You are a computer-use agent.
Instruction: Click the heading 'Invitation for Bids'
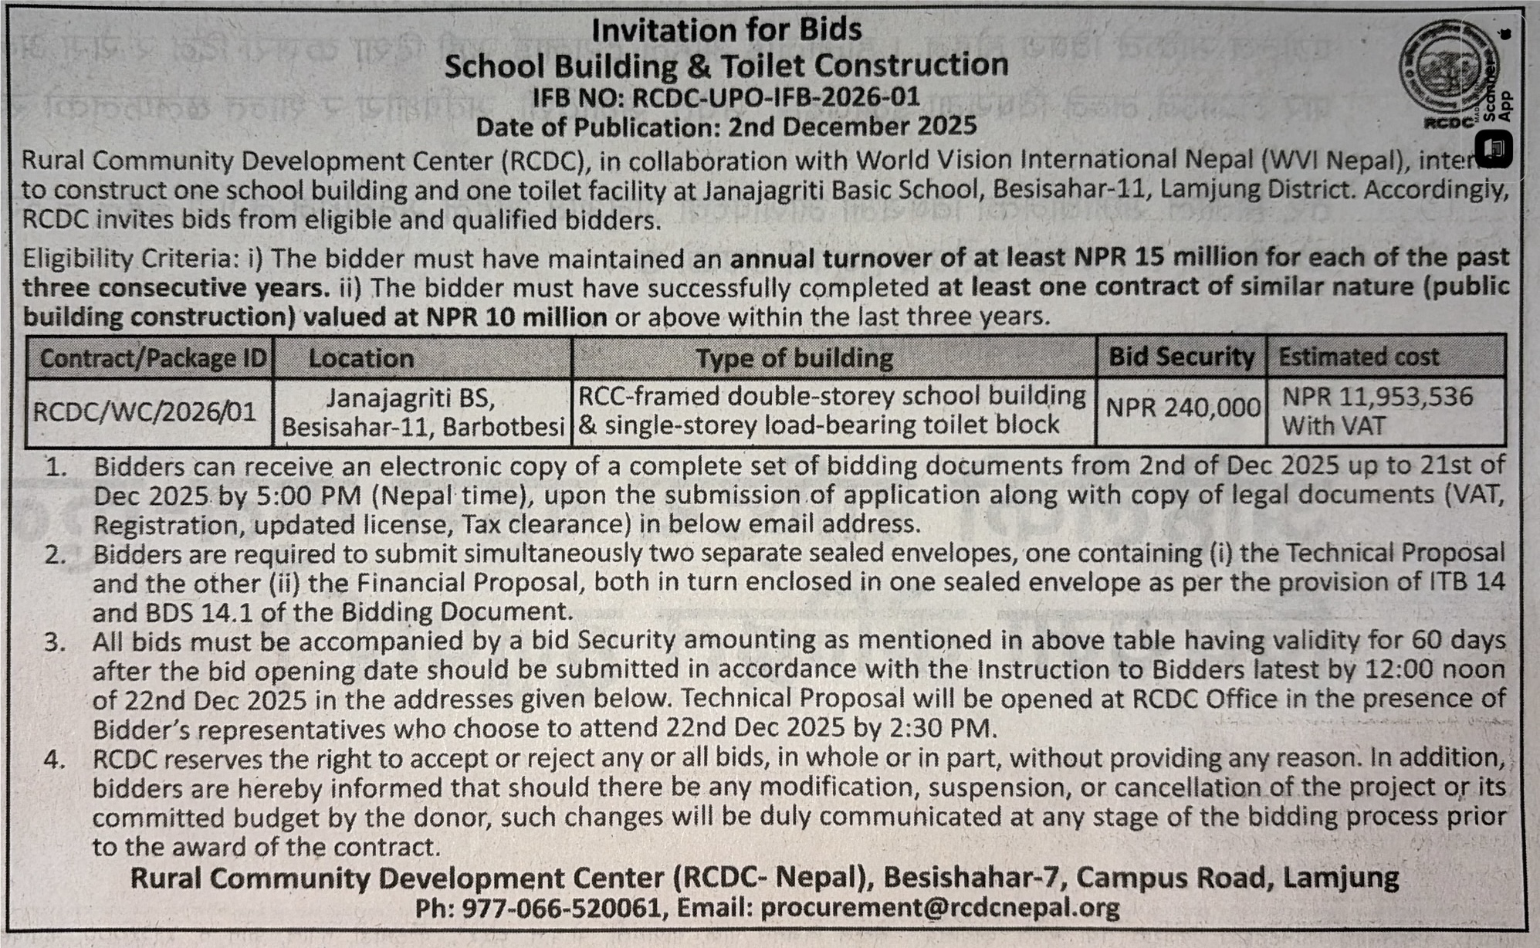point(726,31)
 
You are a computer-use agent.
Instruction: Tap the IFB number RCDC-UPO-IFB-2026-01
point(776,96)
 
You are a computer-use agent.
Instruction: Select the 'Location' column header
point(360,358)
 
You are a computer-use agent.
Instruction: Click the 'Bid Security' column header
point(1181,357)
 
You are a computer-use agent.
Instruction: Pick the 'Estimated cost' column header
point(1359,357)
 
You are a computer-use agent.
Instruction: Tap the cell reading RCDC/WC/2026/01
point(144,411)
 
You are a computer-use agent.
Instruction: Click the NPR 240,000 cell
point(1183,407)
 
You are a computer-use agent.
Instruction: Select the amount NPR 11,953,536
point(1377,397)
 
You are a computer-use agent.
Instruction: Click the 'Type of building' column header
point(794,358)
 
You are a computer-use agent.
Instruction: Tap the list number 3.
point(54,642)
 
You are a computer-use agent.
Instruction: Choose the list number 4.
point(54,760)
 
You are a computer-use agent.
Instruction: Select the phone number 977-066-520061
point(563,908)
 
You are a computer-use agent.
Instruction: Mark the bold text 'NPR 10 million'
point(515,317)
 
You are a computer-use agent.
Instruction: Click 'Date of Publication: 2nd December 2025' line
point(726,126)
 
